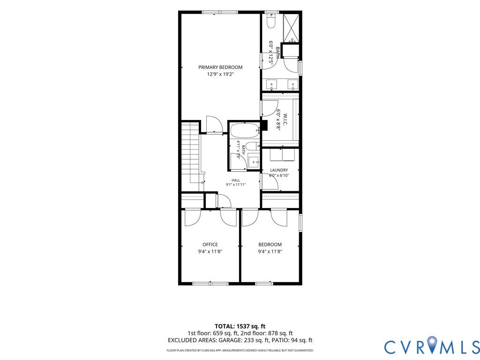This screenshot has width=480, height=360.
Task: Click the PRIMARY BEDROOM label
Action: point(220,67)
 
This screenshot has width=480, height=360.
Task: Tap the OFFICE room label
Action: point(210,244)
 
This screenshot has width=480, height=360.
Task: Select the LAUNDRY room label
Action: point(279,170)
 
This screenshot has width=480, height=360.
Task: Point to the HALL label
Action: point(236,180)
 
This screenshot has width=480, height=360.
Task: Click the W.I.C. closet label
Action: point(285,120)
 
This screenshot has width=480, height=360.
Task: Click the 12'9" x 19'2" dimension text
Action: point(220,74)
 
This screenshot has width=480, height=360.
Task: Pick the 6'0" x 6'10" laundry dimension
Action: point(279,176)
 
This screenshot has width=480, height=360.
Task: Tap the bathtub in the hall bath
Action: point(245,131)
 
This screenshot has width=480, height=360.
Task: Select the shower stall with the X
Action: point(291,29)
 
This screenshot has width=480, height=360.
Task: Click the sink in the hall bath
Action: point(254,161)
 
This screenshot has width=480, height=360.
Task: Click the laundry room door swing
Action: point(270,182)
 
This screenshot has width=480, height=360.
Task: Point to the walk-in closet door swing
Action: point(270,108)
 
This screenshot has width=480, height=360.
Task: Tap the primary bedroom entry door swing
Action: point(214,124)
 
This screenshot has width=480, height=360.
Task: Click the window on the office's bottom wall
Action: point(210,284)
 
